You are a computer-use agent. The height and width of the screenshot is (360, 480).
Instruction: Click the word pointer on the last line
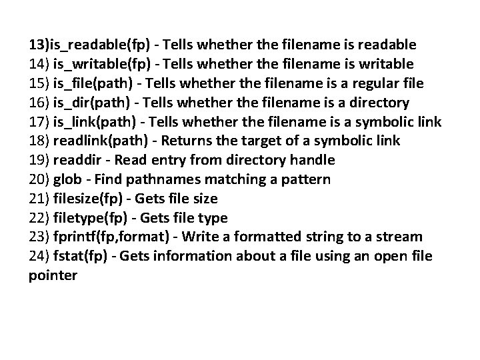click(x=53, y=275)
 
